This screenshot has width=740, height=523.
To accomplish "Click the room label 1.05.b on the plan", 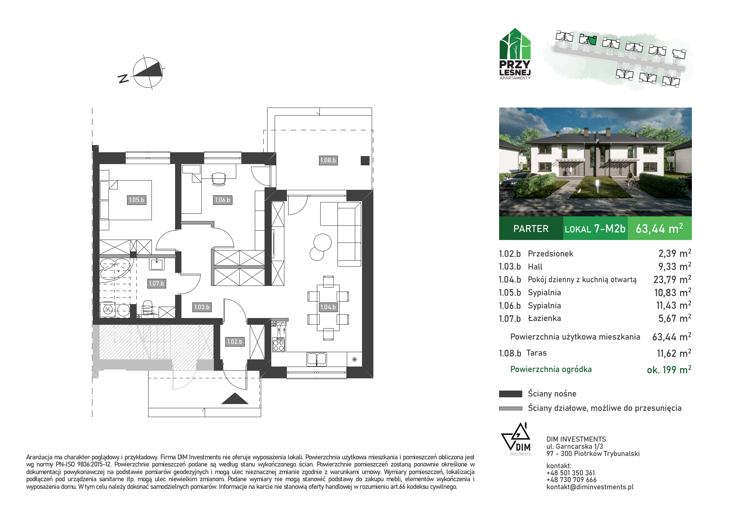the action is click(x=137, y=200).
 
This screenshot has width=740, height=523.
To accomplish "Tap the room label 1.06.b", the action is click(x=222, y=200).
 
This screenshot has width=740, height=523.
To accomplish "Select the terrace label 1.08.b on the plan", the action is click(x=328, y=160).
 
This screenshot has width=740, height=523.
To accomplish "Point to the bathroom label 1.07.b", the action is click(x=156, y=283).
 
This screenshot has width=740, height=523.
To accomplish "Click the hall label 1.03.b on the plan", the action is click(x=202, y=307).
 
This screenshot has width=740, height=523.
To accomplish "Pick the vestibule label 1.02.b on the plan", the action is click(x=235, y=342).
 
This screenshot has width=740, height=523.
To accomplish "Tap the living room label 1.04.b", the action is click(x=328, y=307).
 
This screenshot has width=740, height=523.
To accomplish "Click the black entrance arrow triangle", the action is click(x=235, y=399).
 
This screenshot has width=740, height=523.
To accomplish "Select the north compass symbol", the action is click(x=148, y=72).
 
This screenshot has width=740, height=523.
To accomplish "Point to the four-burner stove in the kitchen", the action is click(x=278, y=345).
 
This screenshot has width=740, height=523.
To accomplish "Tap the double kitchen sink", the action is click(x=316, y=359).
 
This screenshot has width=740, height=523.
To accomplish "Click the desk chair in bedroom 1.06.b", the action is click(x=218, y=179).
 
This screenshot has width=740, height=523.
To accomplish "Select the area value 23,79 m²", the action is click(x=672, y=279).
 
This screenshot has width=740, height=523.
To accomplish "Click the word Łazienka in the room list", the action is click(x=544, y=318).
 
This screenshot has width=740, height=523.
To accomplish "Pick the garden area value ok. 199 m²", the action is click(x=669, y=369).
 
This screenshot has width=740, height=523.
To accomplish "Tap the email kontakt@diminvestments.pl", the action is click(x=590, y=487).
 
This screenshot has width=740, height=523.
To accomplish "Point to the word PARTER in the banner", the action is click(x=531, y=229).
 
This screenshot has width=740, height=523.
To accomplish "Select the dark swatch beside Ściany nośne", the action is click(x=510, y=394).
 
